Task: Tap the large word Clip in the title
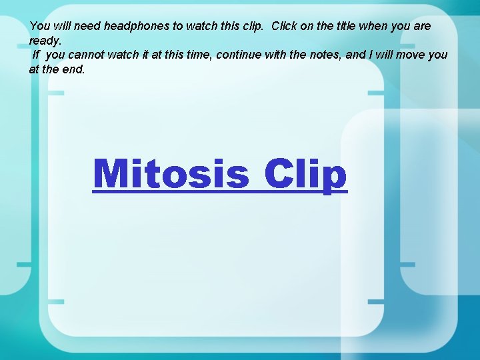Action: coord(305,174)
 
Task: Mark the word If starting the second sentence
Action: coord(36,54)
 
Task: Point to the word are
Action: coord(422,26)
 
